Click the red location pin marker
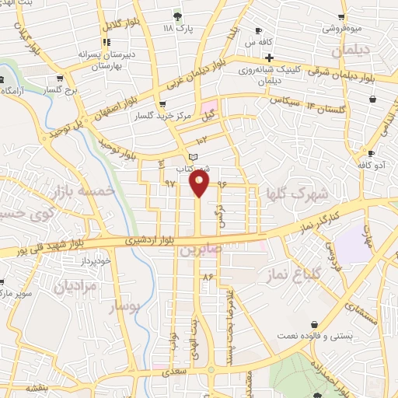point(200,183)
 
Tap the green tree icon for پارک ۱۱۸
point(178,15)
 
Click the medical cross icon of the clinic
point(269,58)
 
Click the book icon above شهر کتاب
point(183,158)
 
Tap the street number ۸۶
point(208,276)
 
